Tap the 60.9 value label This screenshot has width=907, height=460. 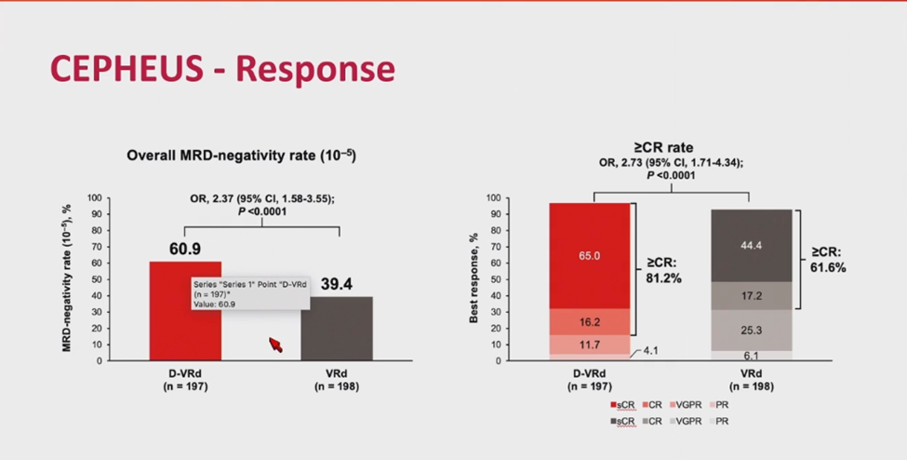click(185, 250)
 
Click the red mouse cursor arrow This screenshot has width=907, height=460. click(275, 345)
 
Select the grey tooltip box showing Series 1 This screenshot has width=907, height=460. click(244, 297)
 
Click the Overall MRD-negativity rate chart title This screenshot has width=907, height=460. click(241, 156)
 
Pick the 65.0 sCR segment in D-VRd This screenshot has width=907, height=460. click(590, 255)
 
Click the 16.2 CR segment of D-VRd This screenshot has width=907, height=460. click(590, 321)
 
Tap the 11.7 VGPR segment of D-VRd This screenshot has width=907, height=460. click(590, 344)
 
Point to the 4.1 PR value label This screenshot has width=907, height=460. click(651, 352)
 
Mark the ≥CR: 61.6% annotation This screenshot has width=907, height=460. click(829, 259)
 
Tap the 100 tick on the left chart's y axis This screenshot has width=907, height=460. click(94, 197)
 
